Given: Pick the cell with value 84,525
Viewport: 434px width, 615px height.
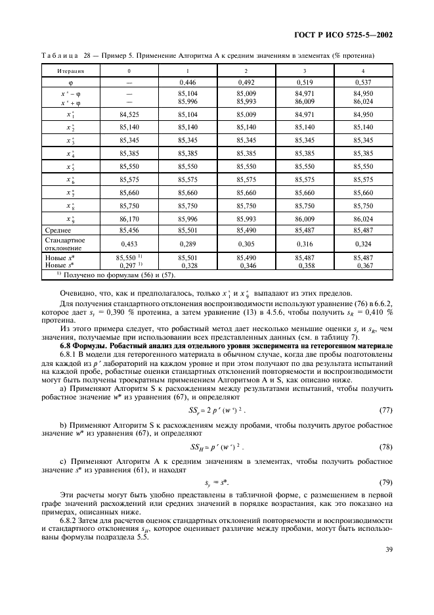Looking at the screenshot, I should click(x=129, y=114).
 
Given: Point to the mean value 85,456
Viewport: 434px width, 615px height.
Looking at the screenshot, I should click(x=129, y=231).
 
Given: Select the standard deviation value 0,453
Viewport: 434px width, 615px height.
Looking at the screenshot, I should click(x=129, y=243).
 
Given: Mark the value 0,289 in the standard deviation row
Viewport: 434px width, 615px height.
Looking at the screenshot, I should click(x=188, y=243).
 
